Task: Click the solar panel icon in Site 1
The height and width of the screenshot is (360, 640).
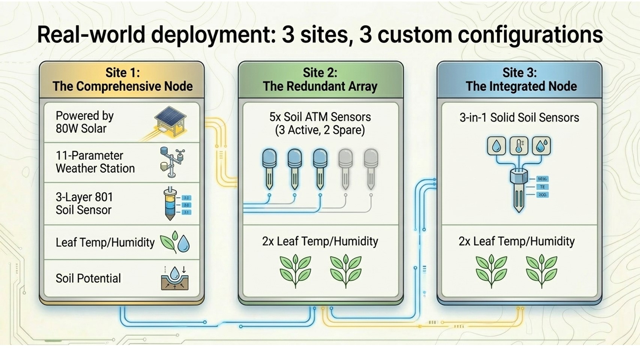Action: [171, 121]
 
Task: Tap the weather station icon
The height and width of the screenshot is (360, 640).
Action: [172, 162]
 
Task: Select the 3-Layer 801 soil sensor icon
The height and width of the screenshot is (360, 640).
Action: [171, 204]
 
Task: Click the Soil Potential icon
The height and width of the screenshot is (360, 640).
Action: [174, 278]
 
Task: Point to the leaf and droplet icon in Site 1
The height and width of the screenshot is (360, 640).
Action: [175, 242]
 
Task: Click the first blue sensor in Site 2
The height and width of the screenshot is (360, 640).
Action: [269, 169]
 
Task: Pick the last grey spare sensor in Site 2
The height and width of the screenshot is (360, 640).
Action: [371, 169]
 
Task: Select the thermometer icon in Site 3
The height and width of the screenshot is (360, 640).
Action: [519, 146]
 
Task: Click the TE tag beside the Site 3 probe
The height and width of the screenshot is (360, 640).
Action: [542, 187]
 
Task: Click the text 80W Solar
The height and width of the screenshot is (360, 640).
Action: [81, 129]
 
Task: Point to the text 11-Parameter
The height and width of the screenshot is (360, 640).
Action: [89, 155]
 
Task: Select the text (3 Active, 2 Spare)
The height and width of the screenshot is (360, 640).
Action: [320, 130]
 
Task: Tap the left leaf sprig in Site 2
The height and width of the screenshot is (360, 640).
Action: [295, 271]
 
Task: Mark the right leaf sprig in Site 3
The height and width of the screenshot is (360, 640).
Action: [541, 271]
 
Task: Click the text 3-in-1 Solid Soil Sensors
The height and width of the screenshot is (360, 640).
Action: [519, 117]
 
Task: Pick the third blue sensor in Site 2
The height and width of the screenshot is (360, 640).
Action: [320, 169]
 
